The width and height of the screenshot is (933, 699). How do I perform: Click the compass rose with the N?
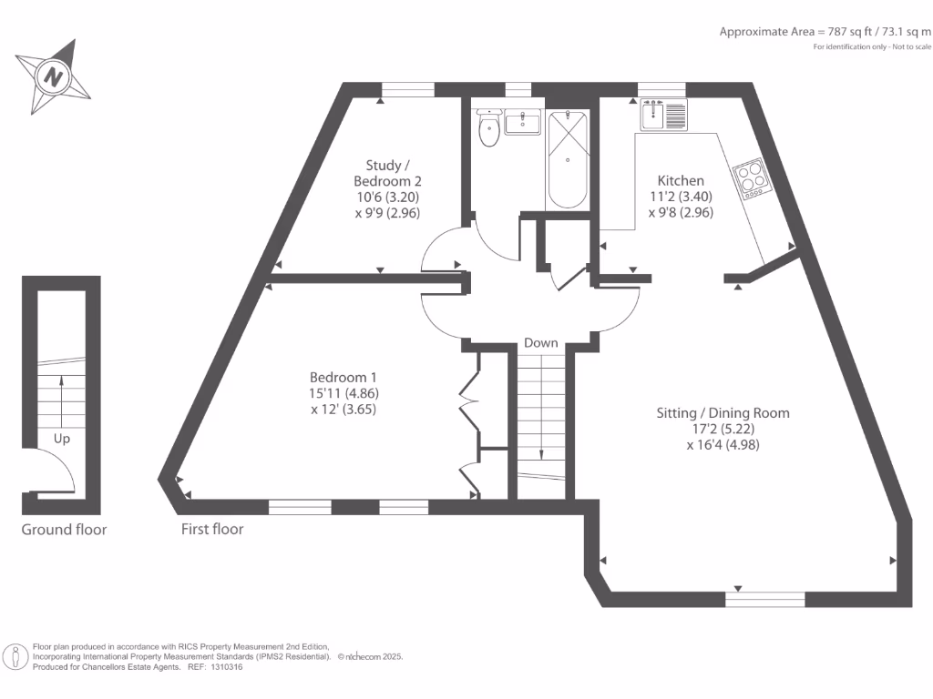(x=54, y=76)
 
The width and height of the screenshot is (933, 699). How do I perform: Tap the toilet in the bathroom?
(x=489, y=129)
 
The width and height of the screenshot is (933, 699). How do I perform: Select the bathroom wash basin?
(x=523, y=122)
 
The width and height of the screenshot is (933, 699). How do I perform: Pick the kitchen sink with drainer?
(x=662, y=116)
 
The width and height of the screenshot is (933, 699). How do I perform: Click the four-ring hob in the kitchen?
(x=752, y=178)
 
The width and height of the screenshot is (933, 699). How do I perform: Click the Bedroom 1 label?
(x=343, y=377)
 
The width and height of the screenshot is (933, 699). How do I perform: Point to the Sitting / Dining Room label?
(x=723, y=412)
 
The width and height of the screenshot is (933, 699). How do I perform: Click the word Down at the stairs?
(x=540, y=343)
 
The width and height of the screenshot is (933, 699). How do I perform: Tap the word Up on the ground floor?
(x=62, y=438)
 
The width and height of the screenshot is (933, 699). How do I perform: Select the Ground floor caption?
(x=64, y=529)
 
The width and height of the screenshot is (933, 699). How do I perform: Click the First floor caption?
(x=212, y=529)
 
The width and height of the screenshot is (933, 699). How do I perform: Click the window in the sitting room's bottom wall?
(x=765, y=598)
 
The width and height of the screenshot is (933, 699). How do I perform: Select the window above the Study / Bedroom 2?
(x=407, y=89)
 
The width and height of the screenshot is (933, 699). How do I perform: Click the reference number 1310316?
(x=227, y=667)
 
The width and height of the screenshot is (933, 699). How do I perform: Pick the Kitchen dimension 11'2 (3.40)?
(x=680, y=197)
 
